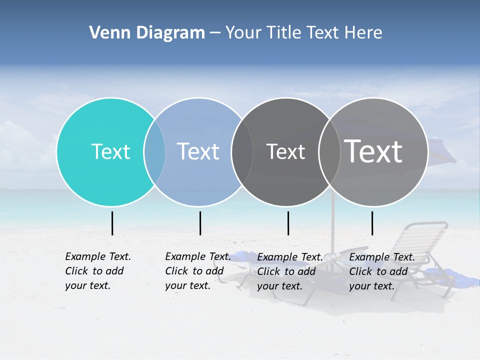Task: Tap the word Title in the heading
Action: [x=283, y=33]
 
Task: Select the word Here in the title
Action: [x=364, y=33]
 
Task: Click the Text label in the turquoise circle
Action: [x=110, y=151]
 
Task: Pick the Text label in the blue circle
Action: [x=198, y=151]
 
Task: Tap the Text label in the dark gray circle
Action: [x=285, y=151]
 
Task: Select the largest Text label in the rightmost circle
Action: [x=373, y=151]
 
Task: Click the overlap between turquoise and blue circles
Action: [x=154, y=151]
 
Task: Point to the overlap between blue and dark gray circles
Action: [x=242, y=151]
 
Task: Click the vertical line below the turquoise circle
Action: [x=112, y=223]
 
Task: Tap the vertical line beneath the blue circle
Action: [x=200, y=223]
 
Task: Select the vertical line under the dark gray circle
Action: [x=288, y=223]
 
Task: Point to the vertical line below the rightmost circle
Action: [x=372, y=223]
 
